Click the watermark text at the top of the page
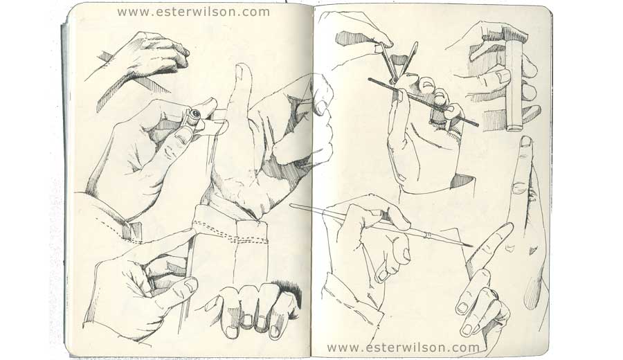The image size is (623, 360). point(194,12)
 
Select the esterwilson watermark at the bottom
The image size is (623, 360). point(404,348)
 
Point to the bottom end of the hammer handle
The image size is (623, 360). point(515,127)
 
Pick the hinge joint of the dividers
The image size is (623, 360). point(393,81)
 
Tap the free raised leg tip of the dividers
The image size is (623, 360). point(416,43)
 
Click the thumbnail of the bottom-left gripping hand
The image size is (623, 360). point(190,285)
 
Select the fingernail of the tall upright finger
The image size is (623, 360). point(525,142)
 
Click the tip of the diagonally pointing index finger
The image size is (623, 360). point(508,226)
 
